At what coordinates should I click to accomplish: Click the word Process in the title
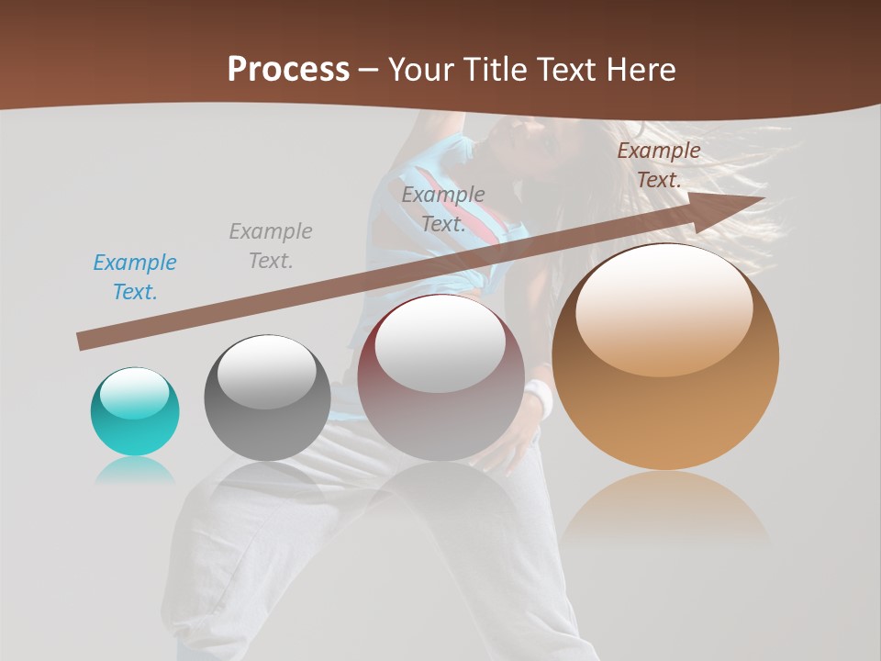pyautogui.click(x=288, y=69)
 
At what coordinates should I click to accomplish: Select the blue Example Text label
pyautogui.click(x=135, y=277)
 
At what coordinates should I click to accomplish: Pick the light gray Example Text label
pyautogui.click(x=271, y=246)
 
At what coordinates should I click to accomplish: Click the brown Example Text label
pyautogui.click(x=659, y=165)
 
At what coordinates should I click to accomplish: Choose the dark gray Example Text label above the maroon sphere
pyautogui.click(x=443, y=208)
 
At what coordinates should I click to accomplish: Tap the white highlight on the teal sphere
pyautogui.click(x=134, y=393)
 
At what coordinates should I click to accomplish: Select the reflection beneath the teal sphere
pyautogui.click(x=135, y=469)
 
